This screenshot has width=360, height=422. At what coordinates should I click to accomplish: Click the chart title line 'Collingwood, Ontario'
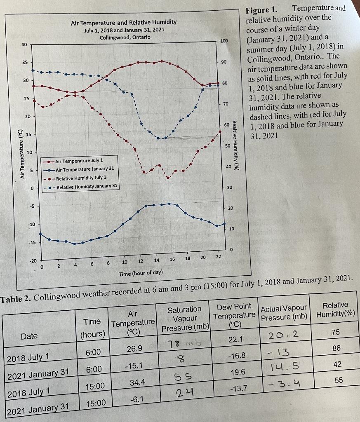point(125,37)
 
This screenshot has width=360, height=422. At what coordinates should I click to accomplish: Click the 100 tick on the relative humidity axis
point(224,41)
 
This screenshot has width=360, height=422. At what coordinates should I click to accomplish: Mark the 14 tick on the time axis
point(156,260)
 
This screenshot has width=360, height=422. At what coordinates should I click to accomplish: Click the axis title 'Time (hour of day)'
point(140,273)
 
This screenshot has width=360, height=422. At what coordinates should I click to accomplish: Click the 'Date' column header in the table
point(29,336)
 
